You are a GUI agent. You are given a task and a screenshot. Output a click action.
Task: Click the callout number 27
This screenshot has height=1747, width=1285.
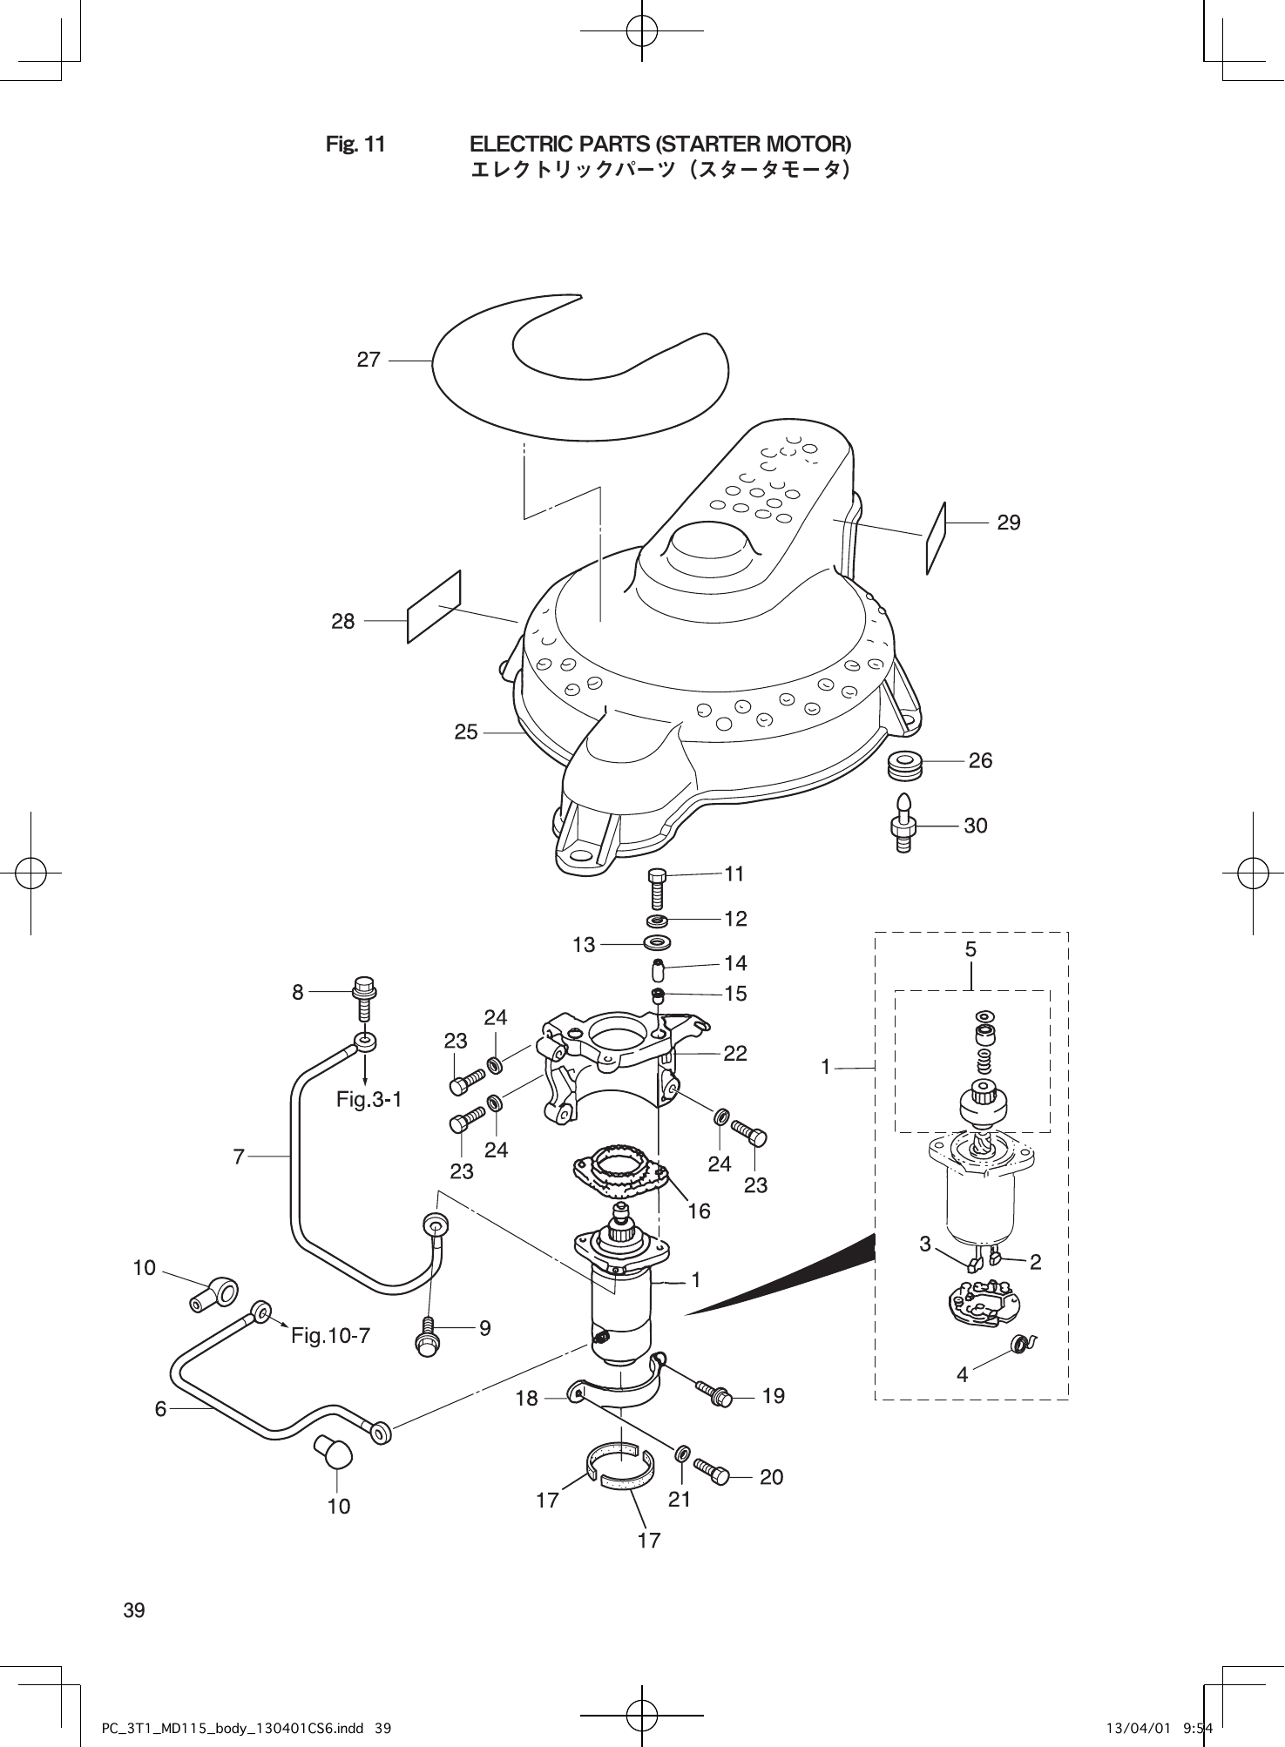[x=369, y=360]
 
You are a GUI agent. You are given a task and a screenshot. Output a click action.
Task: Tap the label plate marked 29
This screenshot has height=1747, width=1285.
[x=936, y=538]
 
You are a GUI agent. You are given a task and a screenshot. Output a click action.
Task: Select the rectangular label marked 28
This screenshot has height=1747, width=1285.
[x=434, y=606]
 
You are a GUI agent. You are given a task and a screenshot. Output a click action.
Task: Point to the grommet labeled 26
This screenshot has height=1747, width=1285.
[x=907, y=766]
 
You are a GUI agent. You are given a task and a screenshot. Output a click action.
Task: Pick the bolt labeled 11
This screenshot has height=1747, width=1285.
[x=659, y=888]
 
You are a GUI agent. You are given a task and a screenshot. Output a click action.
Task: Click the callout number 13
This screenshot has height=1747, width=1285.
[x=584, y=944]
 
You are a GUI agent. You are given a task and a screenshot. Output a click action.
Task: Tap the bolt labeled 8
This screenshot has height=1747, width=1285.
[x=363, y=999]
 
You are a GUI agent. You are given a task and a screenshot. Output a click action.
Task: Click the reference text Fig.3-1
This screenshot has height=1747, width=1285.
[x=369, y=1099]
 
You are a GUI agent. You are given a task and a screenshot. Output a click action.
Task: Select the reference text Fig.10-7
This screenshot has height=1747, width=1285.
[x=331, y=1335]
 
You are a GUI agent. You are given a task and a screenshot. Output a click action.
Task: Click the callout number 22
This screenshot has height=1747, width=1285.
[x=735, y=1053]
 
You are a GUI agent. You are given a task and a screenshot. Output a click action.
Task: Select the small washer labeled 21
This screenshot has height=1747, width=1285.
[x=682, y=1452]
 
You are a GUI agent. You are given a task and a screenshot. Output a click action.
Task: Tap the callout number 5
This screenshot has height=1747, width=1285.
[x=971, y=949]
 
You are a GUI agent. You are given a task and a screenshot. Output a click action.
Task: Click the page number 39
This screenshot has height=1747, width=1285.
[x=134, y=1609]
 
